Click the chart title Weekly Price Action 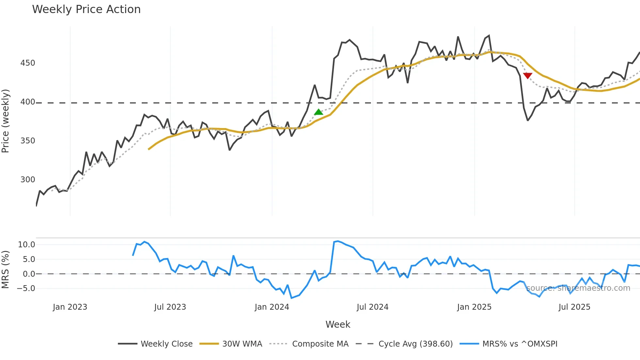tap(86, 9)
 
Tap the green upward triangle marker tap(318, 112)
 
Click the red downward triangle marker tap(528, 76)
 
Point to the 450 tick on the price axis tap(27, 63)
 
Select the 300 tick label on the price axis tap(27, 180)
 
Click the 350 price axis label tap(27, 141)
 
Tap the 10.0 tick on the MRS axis tap(26, 245)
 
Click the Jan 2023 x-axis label tap(70, 307)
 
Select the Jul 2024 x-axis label tap(372, 307)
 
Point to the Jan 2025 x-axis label tap(474, 307)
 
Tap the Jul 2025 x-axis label tap(574, 307)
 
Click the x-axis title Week tap(338, 324)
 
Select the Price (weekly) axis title tap(6, 121)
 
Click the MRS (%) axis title tap(6, 270)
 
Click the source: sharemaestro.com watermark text tap(578, 288)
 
